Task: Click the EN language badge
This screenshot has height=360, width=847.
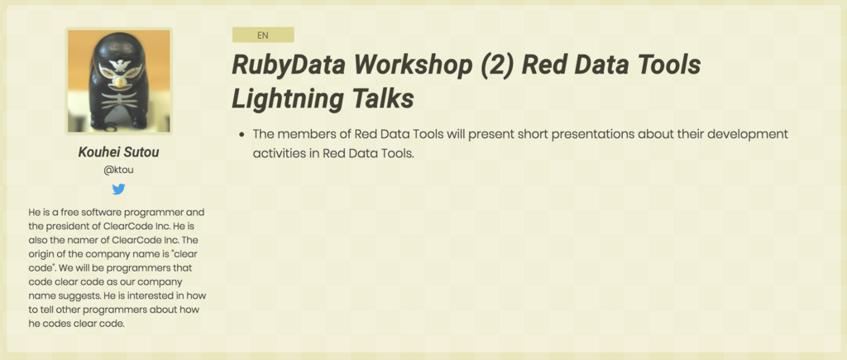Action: (x=263, y=35)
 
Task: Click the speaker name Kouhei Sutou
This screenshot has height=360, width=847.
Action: (x=118, y=152)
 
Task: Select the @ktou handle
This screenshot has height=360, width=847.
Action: (x=118, y=170)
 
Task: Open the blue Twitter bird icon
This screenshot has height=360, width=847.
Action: (x=118, y=189)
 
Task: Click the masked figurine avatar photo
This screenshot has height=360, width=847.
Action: (x=118, y=81)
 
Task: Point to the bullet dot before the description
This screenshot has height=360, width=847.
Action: (x=241, y=134)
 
